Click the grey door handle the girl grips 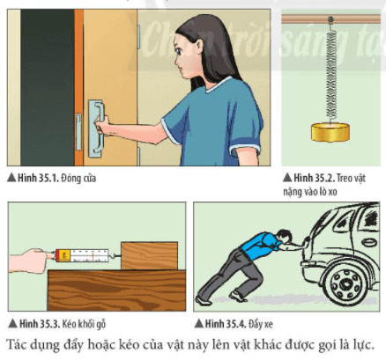click(96, 129)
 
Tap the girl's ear click(199, 46)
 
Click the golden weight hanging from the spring click(330, 132)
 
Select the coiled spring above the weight click(330, 72)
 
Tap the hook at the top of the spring click(330, 20)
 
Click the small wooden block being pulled click(149, 255)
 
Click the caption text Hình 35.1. click(38, 178)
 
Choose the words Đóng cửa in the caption click(78, 178)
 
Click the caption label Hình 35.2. click(314, 178)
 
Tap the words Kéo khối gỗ click(84, 324)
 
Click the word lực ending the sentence click(364, 345)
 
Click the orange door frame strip click(78, 87)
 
